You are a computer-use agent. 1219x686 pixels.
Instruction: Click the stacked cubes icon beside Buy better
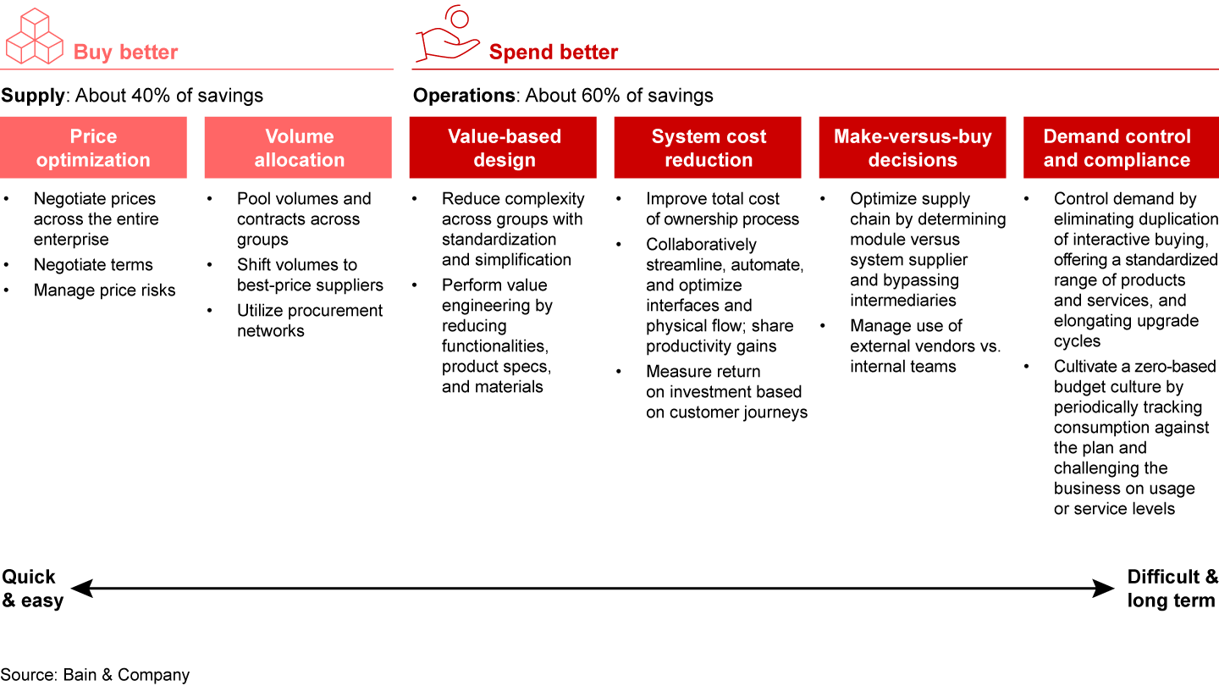pyautogui.click(x=35, y=36)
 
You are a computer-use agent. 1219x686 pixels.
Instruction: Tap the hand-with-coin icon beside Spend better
pyautogui.click(x=447, y=36)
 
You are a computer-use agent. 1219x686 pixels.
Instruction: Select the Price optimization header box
pyautogui.click(x=93, y=148)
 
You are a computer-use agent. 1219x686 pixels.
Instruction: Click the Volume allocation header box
pyautogui.click(x=299, y=148)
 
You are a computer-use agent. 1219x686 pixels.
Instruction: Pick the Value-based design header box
pyautogui.click(x=504, y=148)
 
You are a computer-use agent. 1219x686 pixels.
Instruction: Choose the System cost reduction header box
pyautogui.click(x=709, y=148)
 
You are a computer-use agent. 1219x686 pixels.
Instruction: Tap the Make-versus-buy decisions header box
pyautogui.click(x=913, y=148)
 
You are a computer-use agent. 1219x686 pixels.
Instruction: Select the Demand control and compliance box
pyautogui.click(x=1117, y=148)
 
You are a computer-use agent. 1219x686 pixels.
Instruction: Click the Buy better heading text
pyautogui.click(x=125, y=53)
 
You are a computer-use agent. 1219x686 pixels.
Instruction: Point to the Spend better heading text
pyautogui.click(x=554, y=53)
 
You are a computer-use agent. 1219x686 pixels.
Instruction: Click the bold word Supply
pyautogui.click(x=32, y=96)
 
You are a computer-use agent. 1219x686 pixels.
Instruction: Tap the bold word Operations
pyautogui.click(x=463, y=96)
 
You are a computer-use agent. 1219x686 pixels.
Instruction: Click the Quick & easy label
pyautogui.click(x=32, y=589)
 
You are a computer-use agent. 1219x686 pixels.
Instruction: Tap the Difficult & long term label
pyautogui.click(x=1172, y=589)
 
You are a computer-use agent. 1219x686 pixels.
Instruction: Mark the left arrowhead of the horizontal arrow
pyautogui.click(x=80, y=589)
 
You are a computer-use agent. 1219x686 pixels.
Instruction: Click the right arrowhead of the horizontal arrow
pyautogui.click(x=1106, y=589)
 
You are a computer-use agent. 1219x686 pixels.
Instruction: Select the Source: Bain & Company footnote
pyautogui.click(x=95, y=675)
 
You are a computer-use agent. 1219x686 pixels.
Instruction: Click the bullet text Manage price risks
pyautogui.click(x=105, y=290)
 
